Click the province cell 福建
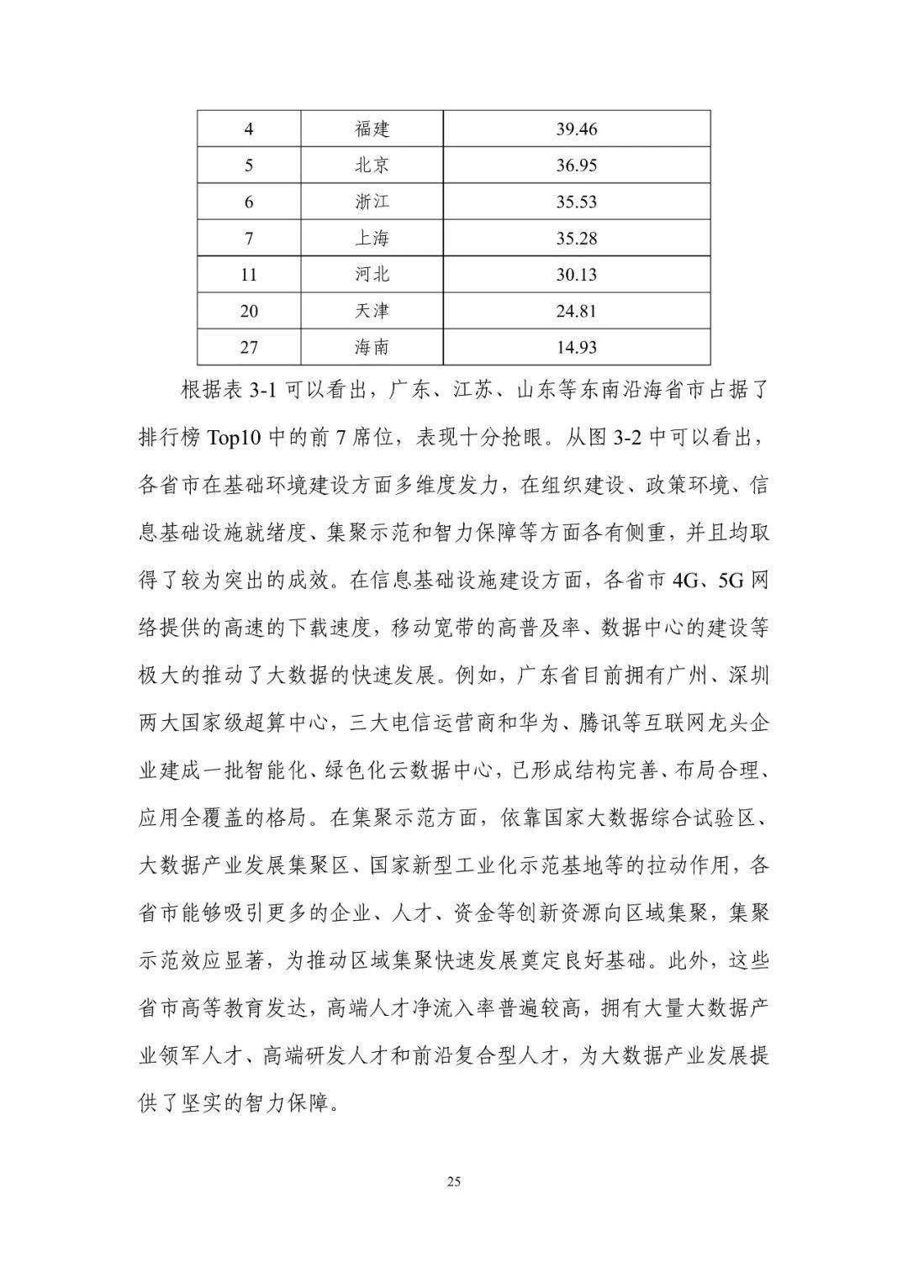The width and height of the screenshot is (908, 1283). click(x=372, y=129)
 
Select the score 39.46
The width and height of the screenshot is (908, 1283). click(x=577, y=129)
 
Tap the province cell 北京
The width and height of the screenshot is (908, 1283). click(x=372, y=166)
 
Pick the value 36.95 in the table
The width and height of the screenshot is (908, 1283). click(x=577, y=166)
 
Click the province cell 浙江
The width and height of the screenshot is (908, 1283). click(x=372, y=202)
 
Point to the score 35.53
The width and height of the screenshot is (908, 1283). click(x=577, y=202)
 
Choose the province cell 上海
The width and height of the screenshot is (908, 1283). click(x=372, y=239)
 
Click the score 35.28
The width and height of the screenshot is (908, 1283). click(x=577, y=239)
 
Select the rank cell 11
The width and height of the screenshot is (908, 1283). click(x=249, y=275)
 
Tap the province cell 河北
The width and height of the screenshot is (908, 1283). click(x=372, y=275)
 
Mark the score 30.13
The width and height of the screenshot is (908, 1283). click(x=577, y=275)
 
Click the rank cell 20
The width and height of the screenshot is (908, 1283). click(x=249, y=311)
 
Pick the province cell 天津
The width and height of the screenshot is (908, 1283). click(x=372, y=311)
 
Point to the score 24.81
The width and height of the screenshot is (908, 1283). click(x=577, y=311)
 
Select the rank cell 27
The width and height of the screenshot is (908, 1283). click(x=249, y=347)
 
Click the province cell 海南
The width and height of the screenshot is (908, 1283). click(x=372, y=347)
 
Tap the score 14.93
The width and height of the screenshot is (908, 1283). click(x=577, y=347)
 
